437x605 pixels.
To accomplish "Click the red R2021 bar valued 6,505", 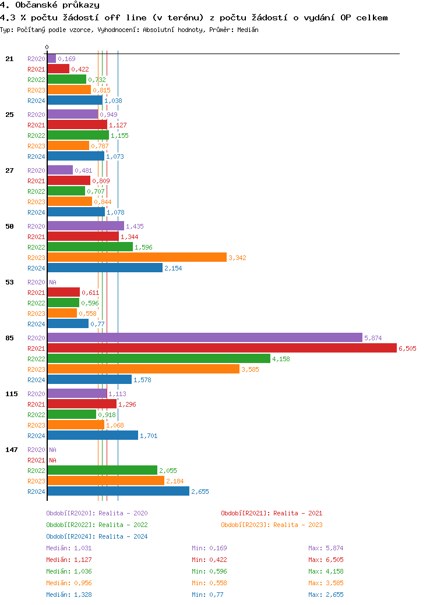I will [221, 348].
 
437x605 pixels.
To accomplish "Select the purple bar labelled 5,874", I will [205, 337].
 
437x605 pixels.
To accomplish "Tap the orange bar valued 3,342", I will [137, 257].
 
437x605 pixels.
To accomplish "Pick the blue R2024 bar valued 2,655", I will [118, 491].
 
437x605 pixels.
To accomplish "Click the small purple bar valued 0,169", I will [51, 58].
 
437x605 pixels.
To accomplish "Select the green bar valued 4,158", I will [158, 358].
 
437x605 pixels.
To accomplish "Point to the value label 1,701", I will [149, 436].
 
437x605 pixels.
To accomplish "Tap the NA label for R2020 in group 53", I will [52, 282].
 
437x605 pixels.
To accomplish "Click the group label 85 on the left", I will [9, 338].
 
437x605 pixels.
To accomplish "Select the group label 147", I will [11, 450].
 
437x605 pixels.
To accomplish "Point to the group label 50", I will [9, 226].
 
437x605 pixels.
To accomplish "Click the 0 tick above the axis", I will [47, 47].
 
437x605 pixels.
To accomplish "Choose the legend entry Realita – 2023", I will [272, 525].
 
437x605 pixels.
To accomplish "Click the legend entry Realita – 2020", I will [97, 513].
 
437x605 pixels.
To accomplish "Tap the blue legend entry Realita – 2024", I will [97, 536].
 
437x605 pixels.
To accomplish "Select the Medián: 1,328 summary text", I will [69, 595].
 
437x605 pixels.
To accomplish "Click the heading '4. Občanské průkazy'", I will [50, 5].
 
